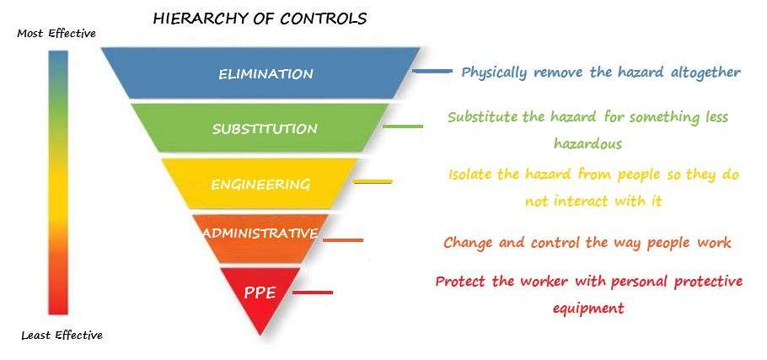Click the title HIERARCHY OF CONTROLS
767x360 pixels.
260,17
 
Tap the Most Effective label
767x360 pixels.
56,33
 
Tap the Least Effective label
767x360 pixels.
62,335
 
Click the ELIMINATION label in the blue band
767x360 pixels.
265,73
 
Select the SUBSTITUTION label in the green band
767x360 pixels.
265,129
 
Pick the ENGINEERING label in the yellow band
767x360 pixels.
260,184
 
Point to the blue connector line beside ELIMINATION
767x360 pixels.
432,72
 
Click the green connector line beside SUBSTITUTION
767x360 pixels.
402,126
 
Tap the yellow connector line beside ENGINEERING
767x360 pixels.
372,181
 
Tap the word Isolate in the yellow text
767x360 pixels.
471,175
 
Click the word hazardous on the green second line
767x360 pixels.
587,143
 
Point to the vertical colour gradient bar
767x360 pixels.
58,181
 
